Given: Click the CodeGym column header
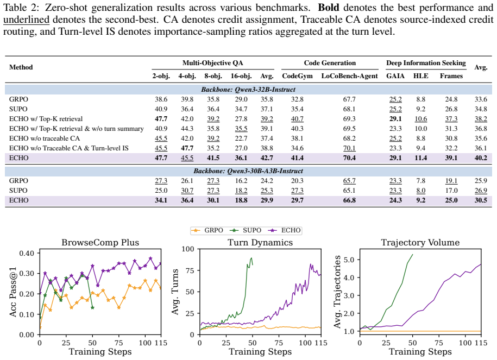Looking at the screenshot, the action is tap(297, 76).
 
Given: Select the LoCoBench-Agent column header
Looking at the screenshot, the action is tap(349, 76).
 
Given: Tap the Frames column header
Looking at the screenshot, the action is tap(451, 76).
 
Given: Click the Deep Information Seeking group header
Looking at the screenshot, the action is tap(426, 63).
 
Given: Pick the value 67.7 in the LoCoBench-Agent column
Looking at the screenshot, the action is tap(349, 99).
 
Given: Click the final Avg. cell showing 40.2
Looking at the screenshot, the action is tap(481, 158).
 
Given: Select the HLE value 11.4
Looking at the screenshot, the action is tap(420, 158).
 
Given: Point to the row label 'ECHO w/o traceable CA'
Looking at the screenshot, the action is tap(45, 138).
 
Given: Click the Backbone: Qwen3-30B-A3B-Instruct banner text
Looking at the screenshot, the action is tap(248, 171).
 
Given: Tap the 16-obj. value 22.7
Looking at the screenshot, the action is tap(241, 138).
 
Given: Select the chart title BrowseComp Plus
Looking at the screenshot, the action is tap(100, 242).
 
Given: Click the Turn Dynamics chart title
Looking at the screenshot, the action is tap(260, 242).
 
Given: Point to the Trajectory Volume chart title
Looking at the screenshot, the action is tap(420, 242).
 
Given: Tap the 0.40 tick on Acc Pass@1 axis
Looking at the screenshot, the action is tap(27, 253).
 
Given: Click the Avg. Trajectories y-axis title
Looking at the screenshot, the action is tap(337, 292).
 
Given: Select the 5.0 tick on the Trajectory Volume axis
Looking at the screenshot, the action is tap(348, 260).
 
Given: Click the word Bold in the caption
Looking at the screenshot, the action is tap(329, 7).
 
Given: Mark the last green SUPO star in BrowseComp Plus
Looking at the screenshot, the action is tap(92, 307).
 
